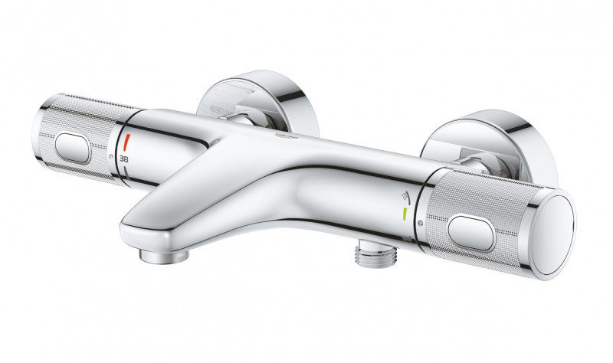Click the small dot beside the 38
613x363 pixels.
tap(116, 156)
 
